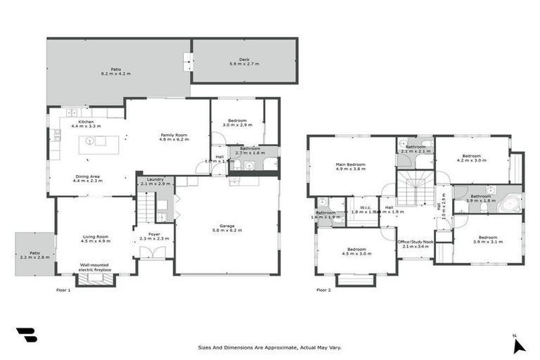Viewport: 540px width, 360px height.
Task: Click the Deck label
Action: tap(244, 60)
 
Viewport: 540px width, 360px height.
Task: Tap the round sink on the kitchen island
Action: tap(89, 141)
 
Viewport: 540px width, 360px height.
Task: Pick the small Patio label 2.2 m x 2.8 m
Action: tap(34, 255)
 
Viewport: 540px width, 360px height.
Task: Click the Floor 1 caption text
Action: tap(63, 290)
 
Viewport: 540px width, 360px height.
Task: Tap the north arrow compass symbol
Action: tap(519, 345)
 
